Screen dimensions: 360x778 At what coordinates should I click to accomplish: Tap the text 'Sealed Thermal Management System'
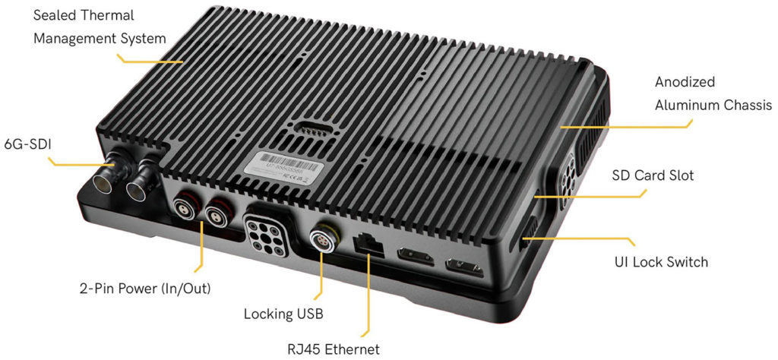pos(99,26)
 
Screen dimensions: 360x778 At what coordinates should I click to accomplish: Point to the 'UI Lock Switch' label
pos(661,262)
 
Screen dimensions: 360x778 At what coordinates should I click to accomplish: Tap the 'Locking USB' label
pos(280,313)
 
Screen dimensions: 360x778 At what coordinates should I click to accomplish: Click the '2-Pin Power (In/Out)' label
pos(144,289)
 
